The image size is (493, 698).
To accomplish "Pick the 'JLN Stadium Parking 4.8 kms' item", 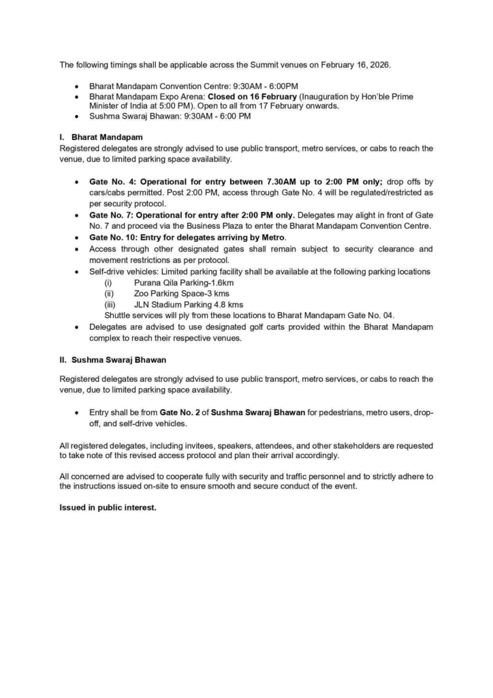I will (x=189, y=304).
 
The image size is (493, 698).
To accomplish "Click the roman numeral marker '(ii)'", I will (x=109, y=293).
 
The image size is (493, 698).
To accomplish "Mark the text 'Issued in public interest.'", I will (x=108, y=506).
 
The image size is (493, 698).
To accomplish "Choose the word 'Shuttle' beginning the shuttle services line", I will (x=118, y=315).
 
